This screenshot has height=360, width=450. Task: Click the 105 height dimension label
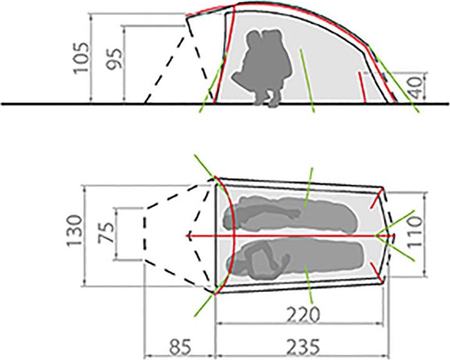[x=81, y=59]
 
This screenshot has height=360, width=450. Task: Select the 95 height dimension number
[x=114, y=59]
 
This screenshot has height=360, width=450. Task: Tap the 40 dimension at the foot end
[x=416, y=86]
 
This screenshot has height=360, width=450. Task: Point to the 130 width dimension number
[x=74, y=231]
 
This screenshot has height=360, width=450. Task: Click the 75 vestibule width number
[x=106, y=232]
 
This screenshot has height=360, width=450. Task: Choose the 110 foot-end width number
[x=415, y=232]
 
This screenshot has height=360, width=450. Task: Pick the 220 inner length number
[x=303, y=314]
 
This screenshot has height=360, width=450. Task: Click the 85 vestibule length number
[x=179, y=347]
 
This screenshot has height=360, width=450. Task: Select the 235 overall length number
[x=303, y=347]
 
